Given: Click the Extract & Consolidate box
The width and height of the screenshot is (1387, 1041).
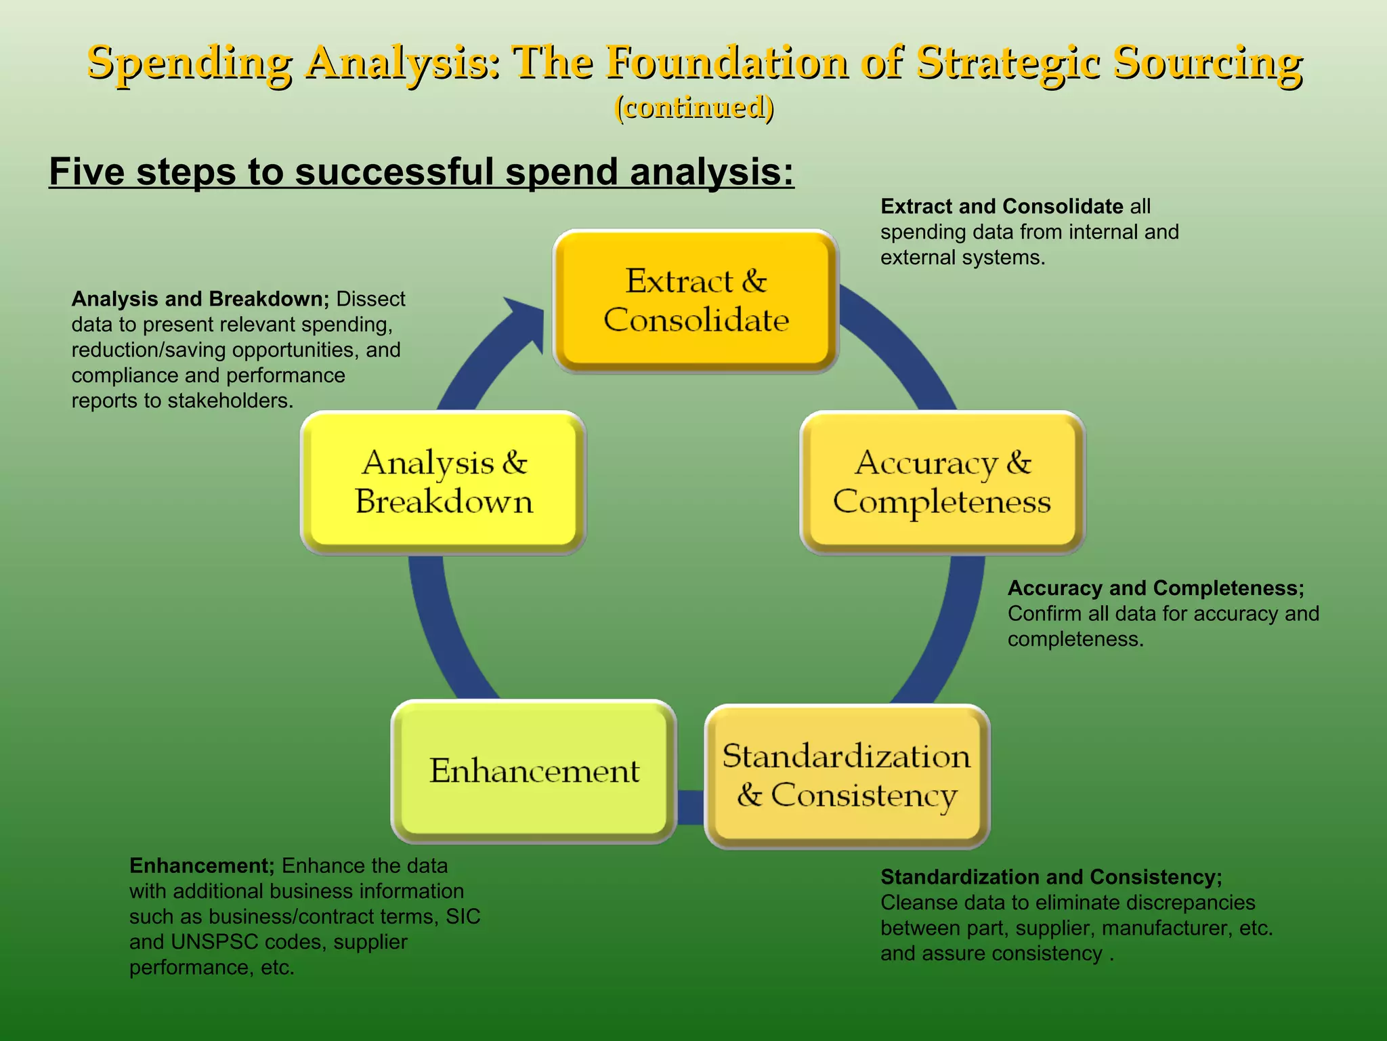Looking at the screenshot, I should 696,301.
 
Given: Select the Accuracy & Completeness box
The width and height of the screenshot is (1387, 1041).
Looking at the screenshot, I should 942,483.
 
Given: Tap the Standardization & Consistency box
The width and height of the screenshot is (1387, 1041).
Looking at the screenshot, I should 847,776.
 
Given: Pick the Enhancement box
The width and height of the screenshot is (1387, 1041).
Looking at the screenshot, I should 534,771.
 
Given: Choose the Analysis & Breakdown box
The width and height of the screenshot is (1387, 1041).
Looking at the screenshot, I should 443,483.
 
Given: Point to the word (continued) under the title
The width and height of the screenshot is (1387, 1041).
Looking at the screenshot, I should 693,107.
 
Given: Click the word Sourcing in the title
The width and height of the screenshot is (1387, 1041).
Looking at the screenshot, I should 1207,62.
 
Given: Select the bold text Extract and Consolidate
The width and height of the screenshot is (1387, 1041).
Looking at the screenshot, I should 1002,206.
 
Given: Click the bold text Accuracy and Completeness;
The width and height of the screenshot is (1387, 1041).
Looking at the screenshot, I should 1155,588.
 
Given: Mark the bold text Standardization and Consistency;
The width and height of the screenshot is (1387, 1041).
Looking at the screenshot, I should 1051,877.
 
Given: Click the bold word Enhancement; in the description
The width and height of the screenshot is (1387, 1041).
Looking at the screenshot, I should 202,865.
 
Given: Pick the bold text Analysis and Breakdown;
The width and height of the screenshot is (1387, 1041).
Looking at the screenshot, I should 200,299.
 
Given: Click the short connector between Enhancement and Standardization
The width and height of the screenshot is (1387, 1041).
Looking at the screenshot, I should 690,807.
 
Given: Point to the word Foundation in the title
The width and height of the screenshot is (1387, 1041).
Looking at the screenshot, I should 727,62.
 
